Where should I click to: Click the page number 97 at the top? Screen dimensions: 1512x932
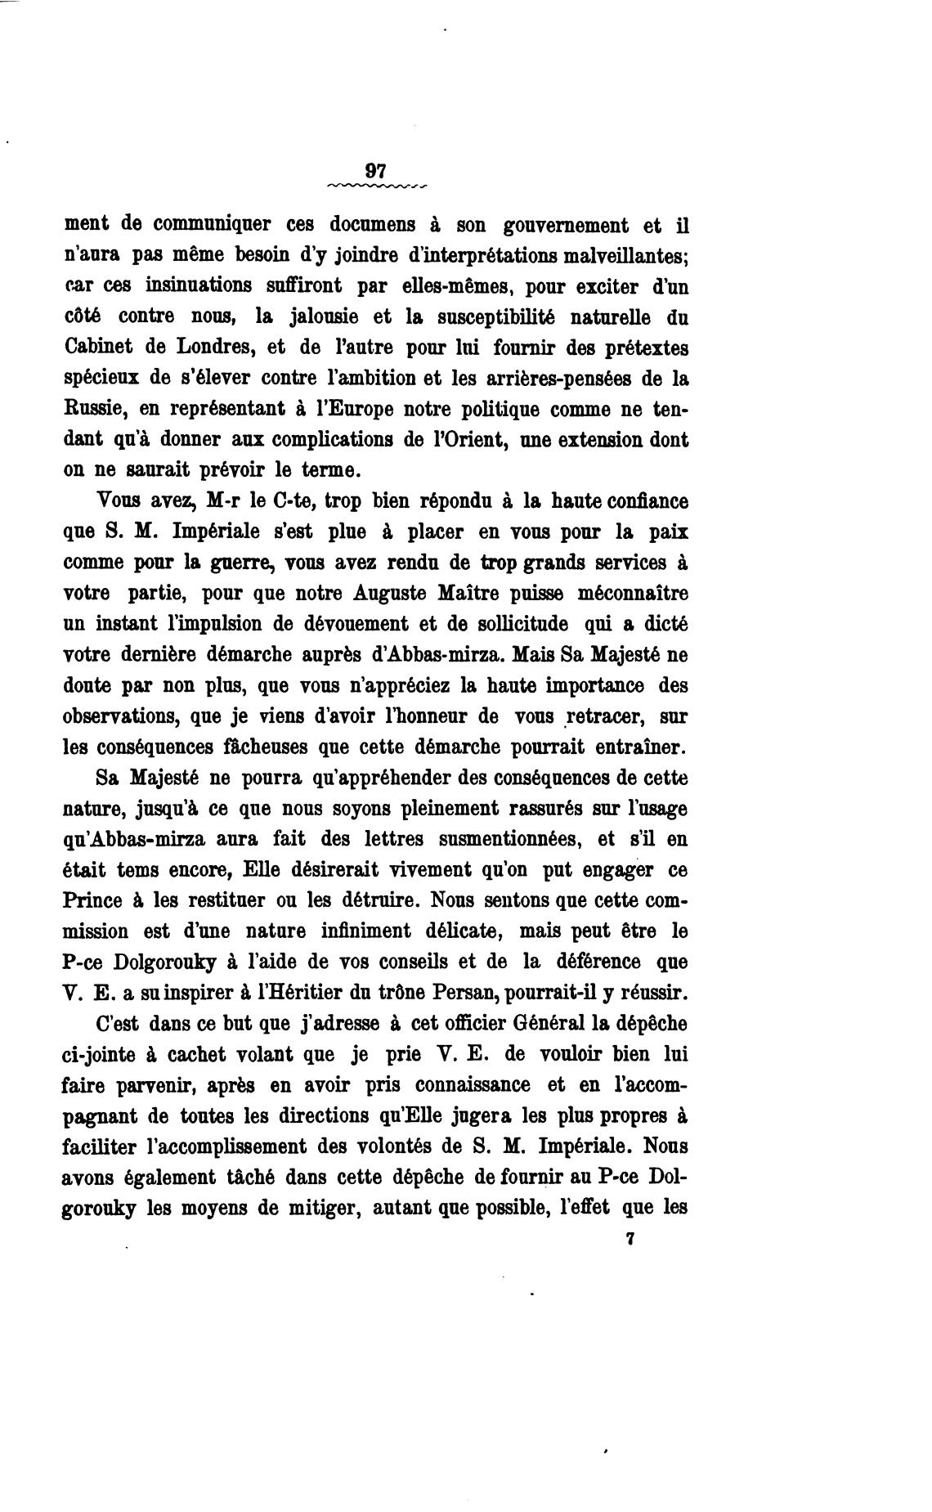(376, 171)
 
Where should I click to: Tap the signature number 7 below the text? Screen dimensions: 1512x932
(630, 1238)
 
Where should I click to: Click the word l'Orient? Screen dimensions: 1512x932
(459, 440)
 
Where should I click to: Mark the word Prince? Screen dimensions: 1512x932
(92, 900)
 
